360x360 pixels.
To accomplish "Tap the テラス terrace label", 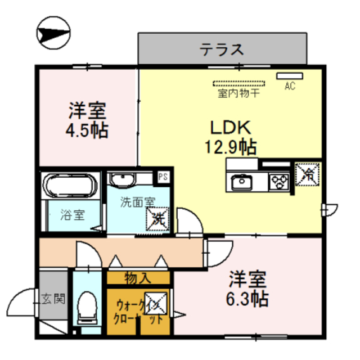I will (x=222, y=49).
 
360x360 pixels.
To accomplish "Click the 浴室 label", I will (x=73, y=215).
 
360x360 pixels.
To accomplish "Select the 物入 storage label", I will (x=138, y=277).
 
